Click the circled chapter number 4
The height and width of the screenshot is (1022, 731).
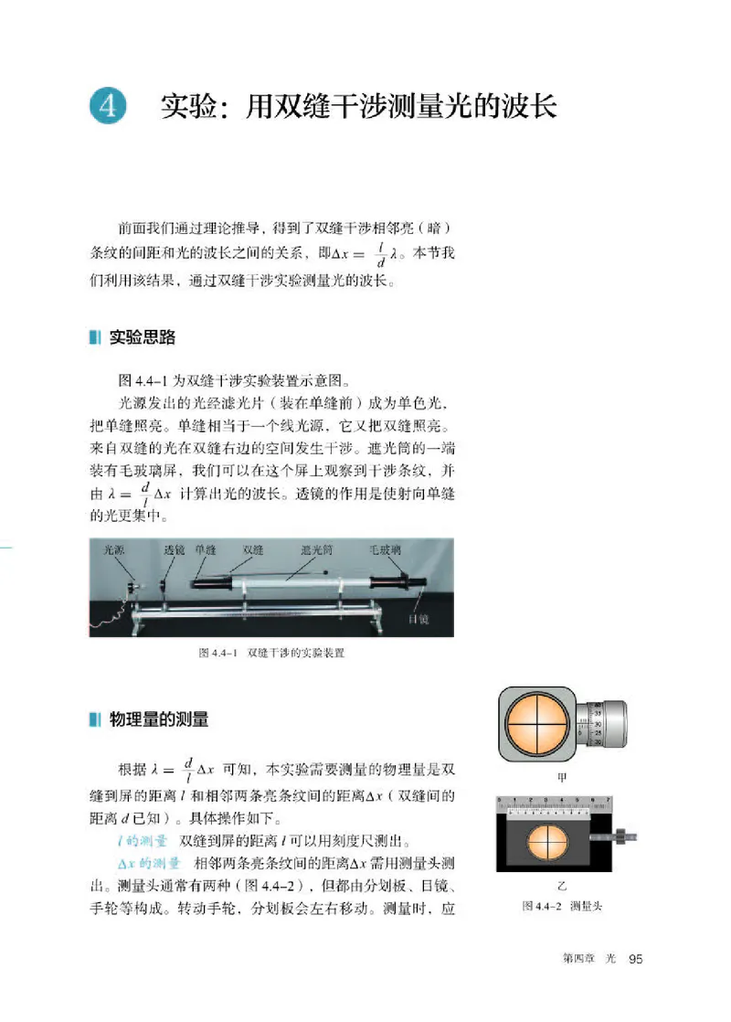tap(108, 106)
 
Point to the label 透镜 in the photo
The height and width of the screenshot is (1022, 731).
tap(174, 550)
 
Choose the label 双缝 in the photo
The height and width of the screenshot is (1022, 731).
tap(252, 550)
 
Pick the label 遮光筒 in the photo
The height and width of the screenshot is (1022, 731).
tap(315, 550)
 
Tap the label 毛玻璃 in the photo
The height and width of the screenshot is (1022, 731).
tap(386, 550)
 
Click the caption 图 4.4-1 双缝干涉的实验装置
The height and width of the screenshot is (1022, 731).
tap(276, 655)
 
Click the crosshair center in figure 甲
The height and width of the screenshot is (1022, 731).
tap(538, 726)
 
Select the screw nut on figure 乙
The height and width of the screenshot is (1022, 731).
tap(620, 836)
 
